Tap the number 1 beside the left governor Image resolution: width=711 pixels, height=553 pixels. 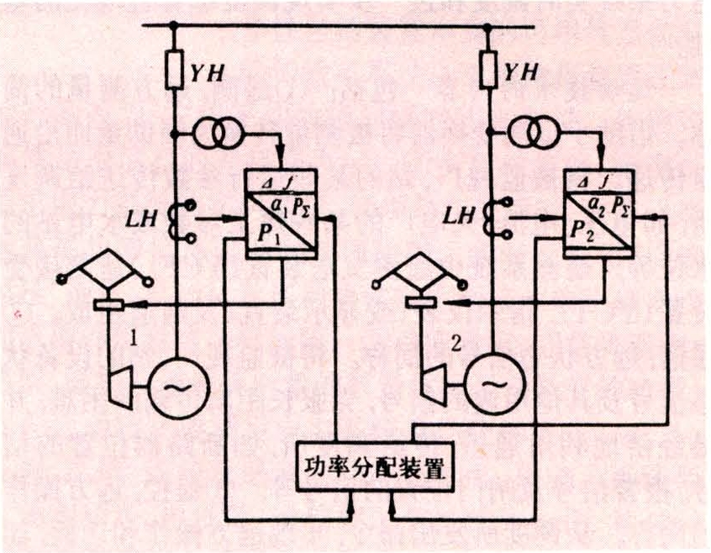pos(133,340)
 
